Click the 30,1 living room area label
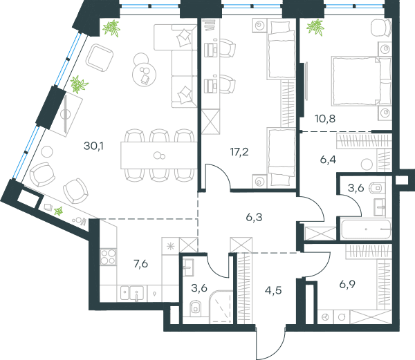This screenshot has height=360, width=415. point(93,146)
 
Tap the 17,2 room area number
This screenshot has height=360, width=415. point(239,152)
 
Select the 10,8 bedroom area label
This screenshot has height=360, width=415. point(325,119)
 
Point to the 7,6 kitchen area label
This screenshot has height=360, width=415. point(141,264)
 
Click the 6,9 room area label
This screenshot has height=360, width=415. point(347,285)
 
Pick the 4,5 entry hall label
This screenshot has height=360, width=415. point(273,290)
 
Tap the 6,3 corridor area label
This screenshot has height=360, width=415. point(254,217)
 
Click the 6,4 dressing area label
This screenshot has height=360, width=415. point(328,160)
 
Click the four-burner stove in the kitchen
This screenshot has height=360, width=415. point(109,257)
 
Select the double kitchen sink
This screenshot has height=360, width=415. point(132,293)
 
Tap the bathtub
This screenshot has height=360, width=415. point(366,229)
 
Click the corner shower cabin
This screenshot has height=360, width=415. point(221,307)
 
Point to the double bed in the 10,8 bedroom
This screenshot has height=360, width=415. point(362,81)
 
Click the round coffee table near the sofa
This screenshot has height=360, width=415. point(144,74)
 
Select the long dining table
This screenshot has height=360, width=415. point(159,155)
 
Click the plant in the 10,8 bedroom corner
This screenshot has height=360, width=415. point(315,27)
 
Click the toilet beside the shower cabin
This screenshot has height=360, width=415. point(195,308)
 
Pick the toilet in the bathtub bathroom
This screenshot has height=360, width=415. point(376,188)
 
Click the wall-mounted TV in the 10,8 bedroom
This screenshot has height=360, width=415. point(306,81)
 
